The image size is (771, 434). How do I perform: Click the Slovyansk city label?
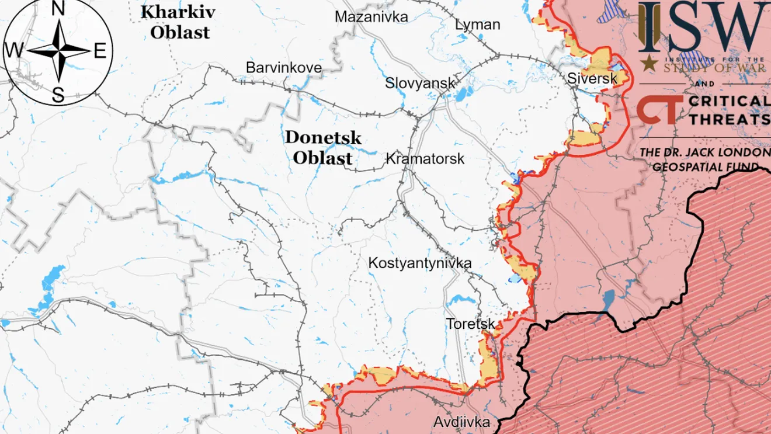[419, 83]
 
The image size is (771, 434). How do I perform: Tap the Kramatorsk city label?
[425, 158]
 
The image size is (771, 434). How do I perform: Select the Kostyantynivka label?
[419, 263]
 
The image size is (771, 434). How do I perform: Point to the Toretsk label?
[470, 324]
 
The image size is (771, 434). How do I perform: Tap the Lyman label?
[478, 25]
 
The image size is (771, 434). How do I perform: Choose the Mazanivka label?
[371, 17]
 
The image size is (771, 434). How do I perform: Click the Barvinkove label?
[283, 68]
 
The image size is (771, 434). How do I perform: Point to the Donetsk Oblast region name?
[322, 148]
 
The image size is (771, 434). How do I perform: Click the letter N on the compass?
[58, 9]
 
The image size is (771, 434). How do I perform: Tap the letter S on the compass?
[58, 95]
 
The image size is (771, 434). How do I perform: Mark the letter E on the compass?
[100, 51]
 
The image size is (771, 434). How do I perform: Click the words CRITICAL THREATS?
[728, 110]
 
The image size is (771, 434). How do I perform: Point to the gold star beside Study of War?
[647, 64]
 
